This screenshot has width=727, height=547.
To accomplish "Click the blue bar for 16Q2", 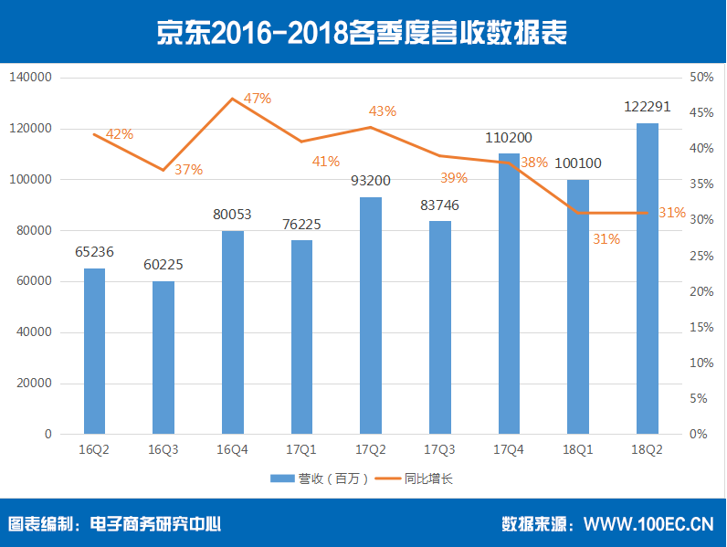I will tap(94, 351).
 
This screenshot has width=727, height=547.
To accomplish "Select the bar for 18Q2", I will tap(647, 279).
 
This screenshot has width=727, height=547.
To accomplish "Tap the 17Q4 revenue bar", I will tap(509, 294).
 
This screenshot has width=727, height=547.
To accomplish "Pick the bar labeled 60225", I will tap(163, 357).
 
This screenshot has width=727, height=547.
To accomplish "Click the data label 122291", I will tap(647, 107).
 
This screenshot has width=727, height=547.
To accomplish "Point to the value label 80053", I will tap(232, 215).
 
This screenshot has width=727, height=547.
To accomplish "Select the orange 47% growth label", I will tap(258, 99).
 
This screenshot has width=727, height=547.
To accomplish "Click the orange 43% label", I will tap(382, 111).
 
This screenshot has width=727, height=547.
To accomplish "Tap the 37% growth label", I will tap(189, 169).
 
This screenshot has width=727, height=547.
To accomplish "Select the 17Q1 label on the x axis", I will tap(301, 449).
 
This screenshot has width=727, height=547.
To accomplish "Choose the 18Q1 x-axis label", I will tap(577, 449).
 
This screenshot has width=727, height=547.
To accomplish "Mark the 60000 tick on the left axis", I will tap(34, 282).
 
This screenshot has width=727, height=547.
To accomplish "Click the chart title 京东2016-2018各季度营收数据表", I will tap(363, 32).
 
